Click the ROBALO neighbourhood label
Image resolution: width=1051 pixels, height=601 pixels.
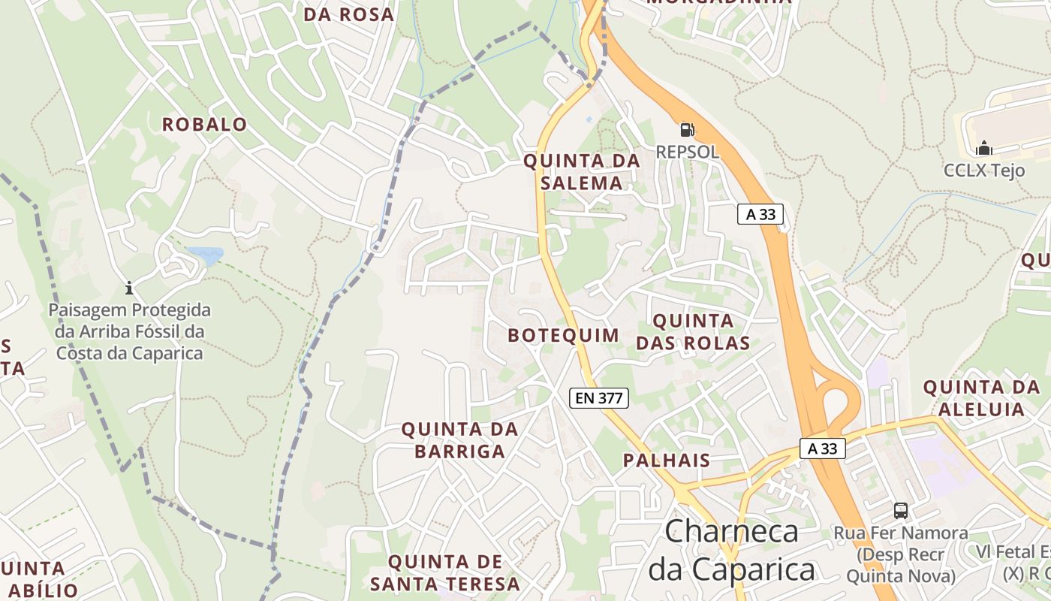point(204,125)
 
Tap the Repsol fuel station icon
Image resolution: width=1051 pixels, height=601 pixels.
point(687,129)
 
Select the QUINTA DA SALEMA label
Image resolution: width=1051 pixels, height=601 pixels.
point(582,171)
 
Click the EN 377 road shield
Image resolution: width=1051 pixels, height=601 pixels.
point(598,398)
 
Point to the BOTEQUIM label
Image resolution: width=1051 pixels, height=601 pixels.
point(563,335)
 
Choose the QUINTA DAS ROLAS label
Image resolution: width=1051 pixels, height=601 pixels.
point(693,332)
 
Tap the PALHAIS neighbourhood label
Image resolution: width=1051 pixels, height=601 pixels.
point(667,461)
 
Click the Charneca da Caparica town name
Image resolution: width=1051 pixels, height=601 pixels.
point(732,550)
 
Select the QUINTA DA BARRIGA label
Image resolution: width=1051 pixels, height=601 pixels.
point(459,440)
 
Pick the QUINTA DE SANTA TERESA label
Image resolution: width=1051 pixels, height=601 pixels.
point(444,572)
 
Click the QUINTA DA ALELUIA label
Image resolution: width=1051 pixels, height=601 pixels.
point(981,398)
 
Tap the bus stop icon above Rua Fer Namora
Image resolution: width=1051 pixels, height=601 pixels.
point(901,511)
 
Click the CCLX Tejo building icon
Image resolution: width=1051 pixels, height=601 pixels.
point(984,148)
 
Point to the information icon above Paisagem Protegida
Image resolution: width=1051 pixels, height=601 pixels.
point(129,288)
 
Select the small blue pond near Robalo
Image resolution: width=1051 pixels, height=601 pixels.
point(205,255)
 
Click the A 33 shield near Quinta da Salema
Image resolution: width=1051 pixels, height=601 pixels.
point(760,214)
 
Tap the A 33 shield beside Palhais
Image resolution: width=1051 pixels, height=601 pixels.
point(823,448)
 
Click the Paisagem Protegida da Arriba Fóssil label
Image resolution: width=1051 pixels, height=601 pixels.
point(130,331)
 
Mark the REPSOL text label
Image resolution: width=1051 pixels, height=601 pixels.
point(687,152)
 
